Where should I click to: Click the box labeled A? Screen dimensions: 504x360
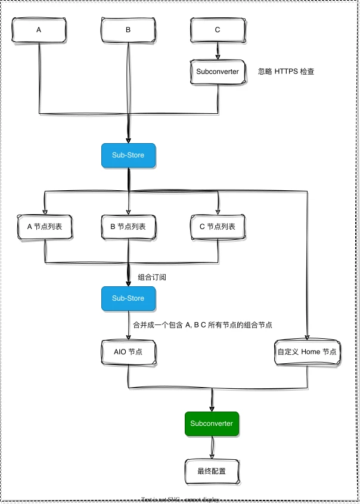click(39, 30)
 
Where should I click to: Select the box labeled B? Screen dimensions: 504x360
click(128, 30)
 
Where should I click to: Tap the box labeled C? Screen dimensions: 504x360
click(217, 30)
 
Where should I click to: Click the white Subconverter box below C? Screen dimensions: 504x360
click(217, 72)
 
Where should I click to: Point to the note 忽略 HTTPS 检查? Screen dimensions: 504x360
click(285, 72)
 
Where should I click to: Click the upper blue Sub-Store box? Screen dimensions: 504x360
click(128, 155)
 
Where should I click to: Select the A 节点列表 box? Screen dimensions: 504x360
click(45, 227)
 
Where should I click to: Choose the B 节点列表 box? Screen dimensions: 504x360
click(128, 227)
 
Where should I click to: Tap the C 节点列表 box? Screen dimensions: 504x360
click(217, 227)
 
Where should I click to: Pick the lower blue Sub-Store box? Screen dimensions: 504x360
click(128, 298)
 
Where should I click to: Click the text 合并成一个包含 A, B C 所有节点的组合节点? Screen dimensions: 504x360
click(202, 325)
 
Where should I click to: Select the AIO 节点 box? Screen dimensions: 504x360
click(128, 352)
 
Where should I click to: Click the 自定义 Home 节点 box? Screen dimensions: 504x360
click(307, 352)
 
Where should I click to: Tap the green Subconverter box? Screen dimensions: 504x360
click(212, 423)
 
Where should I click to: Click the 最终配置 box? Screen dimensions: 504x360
click(212, 471)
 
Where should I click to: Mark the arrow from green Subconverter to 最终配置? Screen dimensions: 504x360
click(212, 447)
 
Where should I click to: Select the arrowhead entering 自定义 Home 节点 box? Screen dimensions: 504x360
click(308, 337)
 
